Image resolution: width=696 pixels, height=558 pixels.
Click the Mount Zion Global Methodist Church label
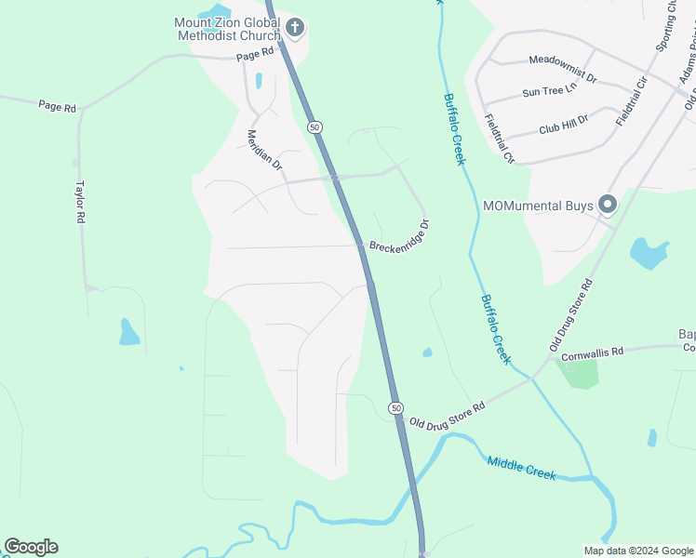tap(228, 29)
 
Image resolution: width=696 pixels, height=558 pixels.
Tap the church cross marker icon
tap(295, 28)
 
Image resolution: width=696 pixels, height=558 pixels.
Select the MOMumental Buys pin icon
tap(609, 204)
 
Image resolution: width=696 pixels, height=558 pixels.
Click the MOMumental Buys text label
tap(538, 206)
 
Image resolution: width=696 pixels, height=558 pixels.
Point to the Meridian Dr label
tap(263, 148)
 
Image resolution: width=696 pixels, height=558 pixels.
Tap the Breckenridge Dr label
tap(399, 236)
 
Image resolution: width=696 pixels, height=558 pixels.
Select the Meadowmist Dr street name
tap(562, 60)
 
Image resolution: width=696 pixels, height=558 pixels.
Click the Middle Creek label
tap(521, 468)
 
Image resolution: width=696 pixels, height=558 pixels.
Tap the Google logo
tap(31, 547)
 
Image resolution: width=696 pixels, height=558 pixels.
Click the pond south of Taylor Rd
tap(129, 332)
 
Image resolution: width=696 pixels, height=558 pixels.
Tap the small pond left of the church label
tap(214, 12)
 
